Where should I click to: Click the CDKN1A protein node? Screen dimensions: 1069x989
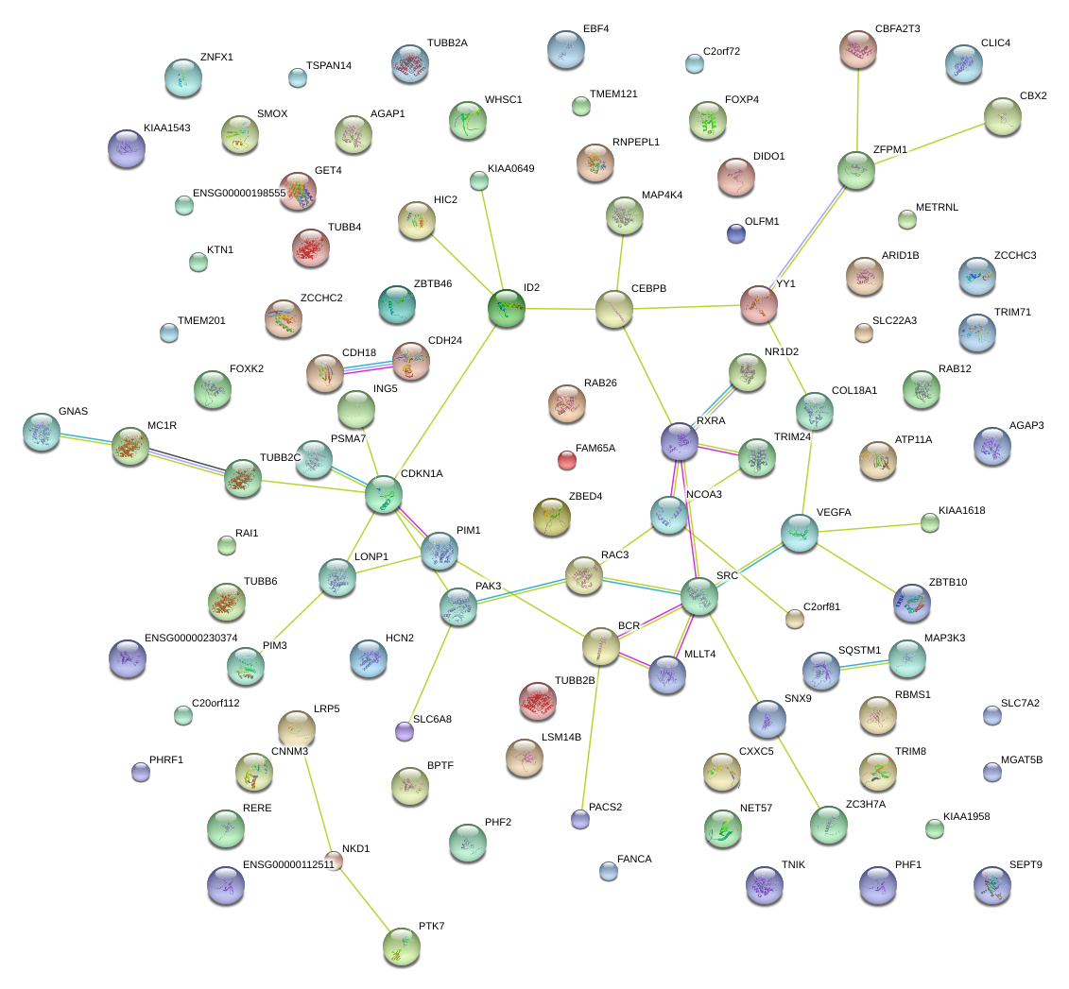pyautogui.click(x=384, y=495)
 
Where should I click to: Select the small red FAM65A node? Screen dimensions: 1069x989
pyautogui.click(x=566, y=460)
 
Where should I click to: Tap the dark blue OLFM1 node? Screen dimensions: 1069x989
pyautogui.click(x=736, y=232)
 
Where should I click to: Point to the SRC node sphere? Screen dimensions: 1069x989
pyautogui.click(x=700, y=596)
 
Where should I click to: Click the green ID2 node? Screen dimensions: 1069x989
pyautogui.click(x=507, y=308)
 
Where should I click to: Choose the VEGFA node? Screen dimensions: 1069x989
pyautogui.click(x=800, y=533)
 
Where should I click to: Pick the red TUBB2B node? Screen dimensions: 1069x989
pyautogui.click(x=538, y=700)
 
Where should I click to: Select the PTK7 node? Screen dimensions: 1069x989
pyautogui.click(x=401, y=946)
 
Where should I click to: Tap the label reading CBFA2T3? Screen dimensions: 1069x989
pyautogui.click(x=898, y=29)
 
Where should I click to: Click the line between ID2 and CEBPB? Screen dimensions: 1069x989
pyautogui.click(x=560, y=309)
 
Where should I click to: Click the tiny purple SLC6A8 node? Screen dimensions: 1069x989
pyautogui.click(x=405, y=730)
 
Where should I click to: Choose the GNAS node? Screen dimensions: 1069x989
pyautogui.click(x=41, y=431)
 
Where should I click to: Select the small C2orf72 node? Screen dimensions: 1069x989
pyautogui.click(x=695, y=63)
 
